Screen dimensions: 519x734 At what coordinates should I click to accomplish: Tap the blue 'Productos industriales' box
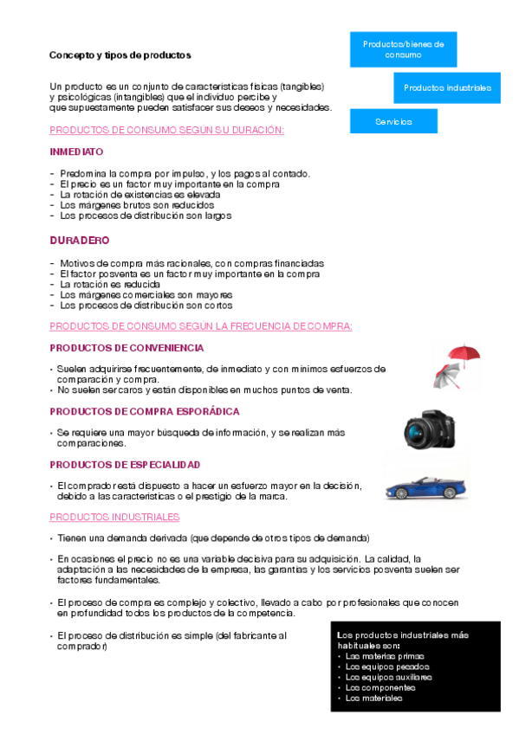pyautogui.click(x=447, y=87)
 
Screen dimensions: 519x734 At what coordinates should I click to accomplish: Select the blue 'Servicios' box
pyautogui.click(x=393, y=121)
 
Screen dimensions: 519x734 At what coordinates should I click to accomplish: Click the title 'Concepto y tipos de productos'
pyautogui.click(x=120, y=55)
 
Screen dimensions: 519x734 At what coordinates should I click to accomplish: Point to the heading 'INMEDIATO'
pyautogui.click(x=76, y=151)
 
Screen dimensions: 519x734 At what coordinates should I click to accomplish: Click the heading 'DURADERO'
pyautogui.click(x=79, y=240)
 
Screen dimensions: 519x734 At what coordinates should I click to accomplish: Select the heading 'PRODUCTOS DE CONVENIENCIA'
pyautogui.click(x=127, y=348)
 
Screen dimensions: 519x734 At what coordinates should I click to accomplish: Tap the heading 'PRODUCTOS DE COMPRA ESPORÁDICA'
pyautogui.click(x=145, y=411)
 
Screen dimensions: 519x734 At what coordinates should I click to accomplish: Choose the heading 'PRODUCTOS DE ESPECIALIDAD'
pyautogui.click(x=125, y=465)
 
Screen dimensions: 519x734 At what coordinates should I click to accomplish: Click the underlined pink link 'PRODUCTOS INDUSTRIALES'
pyautogui.click(x=114, y=517)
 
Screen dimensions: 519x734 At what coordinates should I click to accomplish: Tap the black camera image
pyautogui.click(x=429, y=428)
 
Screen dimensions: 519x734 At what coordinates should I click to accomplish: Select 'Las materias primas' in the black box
pyautogui.click(x=380, y=656)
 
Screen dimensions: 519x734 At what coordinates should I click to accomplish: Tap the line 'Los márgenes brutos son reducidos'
pyautogui.click(x=137, y=205)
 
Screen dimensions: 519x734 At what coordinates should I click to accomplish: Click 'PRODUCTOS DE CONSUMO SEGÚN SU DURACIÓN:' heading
pyautogui.click(x=167, y=130)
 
